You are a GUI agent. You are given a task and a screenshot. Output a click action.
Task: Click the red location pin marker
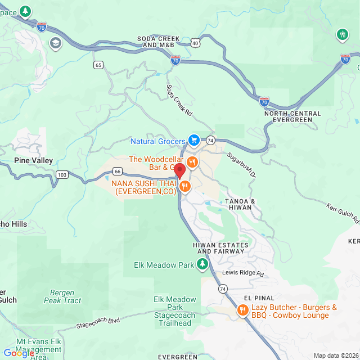[179, 170]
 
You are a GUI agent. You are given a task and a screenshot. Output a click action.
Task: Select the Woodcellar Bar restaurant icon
[192, 163]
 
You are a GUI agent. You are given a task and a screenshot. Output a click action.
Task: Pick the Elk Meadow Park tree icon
[202, 264]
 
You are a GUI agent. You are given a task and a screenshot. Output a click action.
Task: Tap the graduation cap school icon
[55, 43]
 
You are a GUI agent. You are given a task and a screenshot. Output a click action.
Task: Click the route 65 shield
[98, 65]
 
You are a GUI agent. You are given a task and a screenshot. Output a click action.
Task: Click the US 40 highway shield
[195, 42]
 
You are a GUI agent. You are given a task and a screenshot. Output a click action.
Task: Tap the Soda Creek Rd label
[179, 101]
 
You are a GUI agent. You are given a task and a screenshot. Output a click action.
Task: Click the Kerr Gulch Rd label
[341, 214]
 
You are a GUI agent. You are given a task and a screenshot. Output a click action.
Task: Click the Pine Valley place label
[34, 161]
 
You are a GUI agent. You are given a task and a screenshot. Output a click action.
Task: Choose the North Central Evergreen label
[292, 116]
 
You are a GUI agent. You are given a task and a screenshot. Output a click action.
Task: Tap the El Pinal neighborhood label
[259, 298]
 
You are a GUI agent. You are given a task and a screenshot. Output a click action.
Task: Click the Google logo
[18, 353]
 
